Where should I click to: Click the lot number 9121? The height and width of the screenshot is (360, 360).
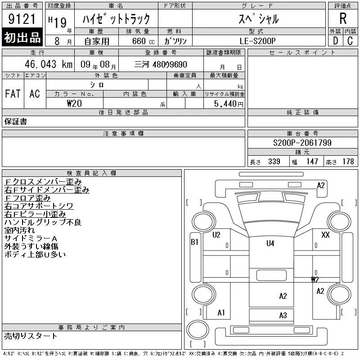tap(22, 18)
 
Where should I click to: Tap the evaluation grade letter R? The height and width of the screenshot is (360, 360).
tap(343, 18)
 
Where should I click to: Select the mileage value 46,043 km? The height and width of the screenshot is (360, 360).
tap(49, 64)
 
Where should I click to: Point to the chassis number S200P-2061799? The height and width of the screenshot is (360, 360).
tap(302, 143)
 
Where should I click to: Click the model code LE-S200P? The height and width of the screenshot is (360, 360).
tap(257, 41)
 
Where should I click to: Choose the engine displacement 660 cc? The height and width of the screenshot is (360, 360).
tap(144, 41)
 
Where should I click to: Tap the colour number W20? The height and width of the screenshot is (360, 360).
tap(74, 103)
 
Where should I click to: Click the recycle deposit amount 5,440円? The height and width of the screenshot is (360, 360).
tap(229, 104)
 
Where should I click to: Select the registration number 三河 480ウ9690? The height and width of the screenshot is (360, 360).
tap(161, 64)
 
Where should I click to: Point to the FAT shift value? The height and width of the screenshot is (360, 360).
tap(13, 94)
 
